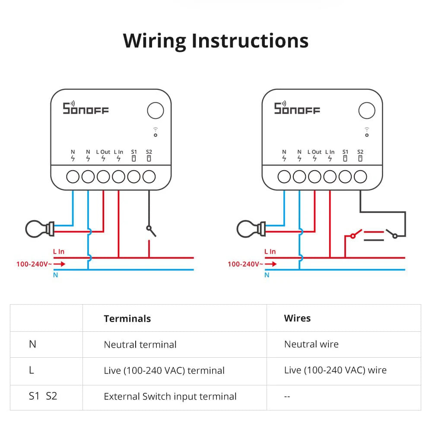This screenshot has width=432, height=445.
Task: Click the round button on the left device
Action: pos(156,111)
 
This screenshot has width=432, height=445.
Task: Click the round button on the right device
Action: pos(367,111)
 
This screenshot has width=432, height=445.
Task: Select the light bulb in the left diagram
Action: pos(39,229)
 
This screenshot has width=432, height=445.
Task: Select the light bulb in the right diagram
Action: pos(251,229)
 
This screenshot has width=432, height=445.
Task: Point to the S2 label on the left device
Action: pos(149,152)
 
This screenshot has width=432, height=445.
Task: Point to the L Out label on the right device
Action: pos(314,152)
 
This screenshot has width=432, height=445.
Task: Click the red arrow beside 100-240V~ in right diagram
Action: pos(271,264)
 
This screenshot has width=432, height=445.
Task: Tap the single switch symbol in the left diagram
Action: pos(150,231)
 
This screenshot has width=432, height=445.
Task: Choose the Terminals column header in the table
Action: pos(127,319)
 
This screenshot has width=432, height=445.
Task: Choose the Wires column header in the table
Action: pos(297,318)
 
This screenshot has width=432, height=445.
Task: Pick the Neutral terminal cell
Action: pos(140,345)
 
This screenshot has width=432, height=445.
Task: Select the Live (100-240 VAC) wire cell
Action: pos(335,370)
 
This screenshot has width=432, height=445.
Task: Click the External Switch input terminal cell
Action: pos(170,397)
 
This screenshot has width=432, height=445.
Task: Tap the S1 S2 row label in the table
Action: pos(43,396)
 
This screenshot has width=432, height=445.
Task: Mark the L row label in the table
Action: pos(32,370)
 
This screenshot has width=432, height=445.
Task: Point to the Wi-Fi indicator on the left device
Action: pos(156,132)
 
